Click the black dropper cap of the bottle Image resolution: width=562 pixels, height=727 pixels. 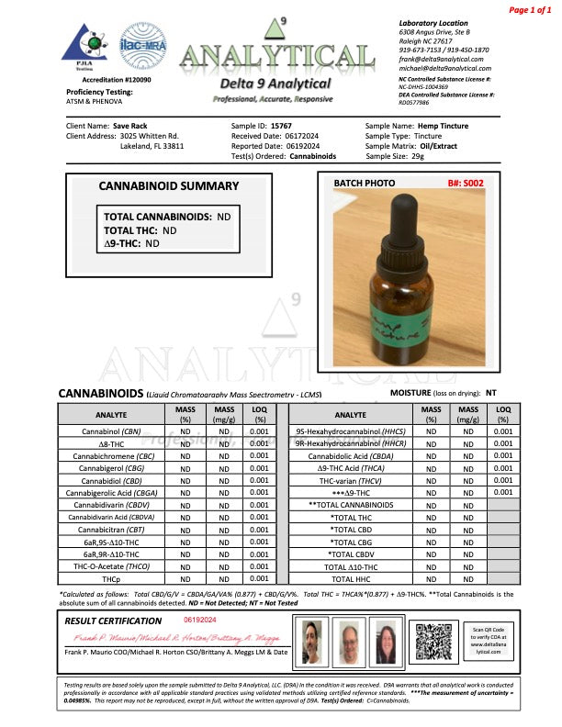409,205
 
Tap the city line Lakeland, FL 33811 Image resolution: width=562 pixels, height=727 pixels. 152,146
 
